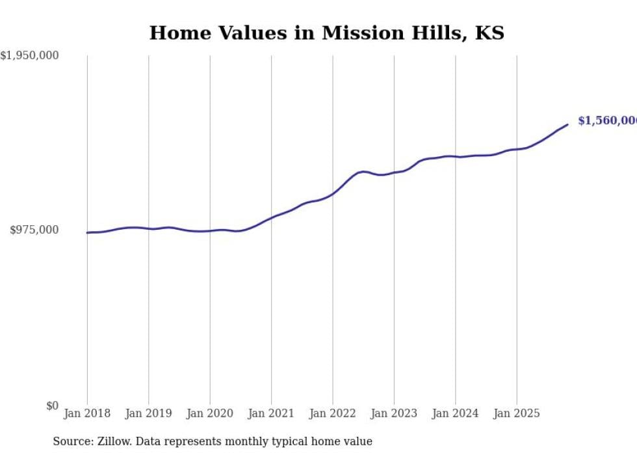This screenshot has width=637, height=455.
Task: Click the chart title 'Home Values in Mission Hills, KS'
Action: (x=326, y=33)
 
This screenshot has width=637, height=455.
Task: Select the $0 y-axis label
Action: (x=52, y=406)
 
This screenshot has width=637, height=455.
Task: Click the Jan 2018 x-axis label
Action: (x=87, y=413)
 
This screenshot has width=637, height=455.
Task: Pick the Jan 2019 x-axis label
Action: (x=148, y=413)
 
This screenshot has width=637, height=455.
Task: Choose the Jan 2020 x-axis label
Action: (x=210, y=413)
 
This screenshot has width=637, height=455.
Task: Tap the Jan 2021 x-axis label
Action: (x=271, y=413)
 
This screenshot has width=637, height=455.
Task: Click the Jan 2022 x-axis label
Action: (x=333, y=413)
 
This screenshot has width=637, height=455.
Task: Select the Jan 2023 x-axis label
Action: (x=394, y=413)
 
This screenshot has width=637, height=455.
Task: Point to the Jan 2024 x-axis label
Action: (x=456, y=413)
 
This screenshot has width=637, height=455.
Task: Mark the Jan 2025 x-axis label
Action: (x=517, y=413)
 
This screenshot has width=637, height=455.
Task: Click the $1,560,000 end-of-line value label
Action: (x=606, y=121)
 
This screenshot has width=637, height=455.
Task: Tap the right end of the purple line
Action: (x=567, y=124)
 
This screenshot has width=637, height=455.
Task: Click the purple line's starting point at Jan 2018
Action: (x=87, y=232)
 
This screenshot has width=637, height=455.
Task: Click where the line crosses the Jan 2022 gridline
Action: (x=333, y=193)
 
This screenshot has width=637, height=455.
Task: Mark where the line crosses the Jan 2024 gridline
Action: (x=456, y=157)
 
